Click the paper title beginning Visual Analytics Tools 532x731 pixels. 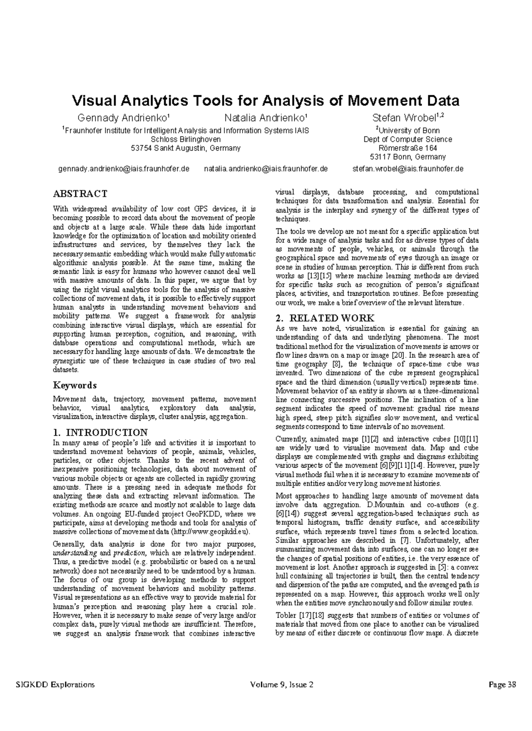[x=266, y=101]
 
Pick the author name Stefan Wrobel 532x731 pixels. [x=407, y=118]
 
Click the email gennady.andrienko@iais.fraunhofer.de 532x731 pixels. [x=124, y=169]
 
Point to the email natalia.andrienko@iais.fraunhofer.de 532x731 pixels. [x=266, y=169]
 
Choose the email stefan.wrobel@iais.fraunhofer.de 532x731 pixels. [x=408, y=169]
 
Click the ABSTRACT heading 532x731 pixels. [x=80, y=194]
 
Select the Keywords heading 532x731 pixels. [x=75, y=385]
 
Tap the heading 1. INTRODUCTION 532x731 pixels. [x=100, y=432]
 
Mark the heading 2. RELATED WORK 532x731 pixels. [x=325, y=318]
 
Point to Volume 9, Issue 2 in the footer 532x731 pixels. [x=282, y=684]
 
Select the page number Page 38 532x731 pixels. [x=502, y=684]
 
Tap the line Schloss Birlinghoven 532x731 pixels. [x=186, y=140]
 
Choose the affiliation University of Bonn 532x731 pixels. [x=408, y=131]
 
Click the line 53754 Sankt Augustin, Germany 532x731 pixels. [x=186, y=148]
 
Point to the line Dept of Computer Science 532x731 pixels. [x=408, y=140]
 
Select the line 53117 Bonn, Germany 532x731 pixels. [x=408, y=157]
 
